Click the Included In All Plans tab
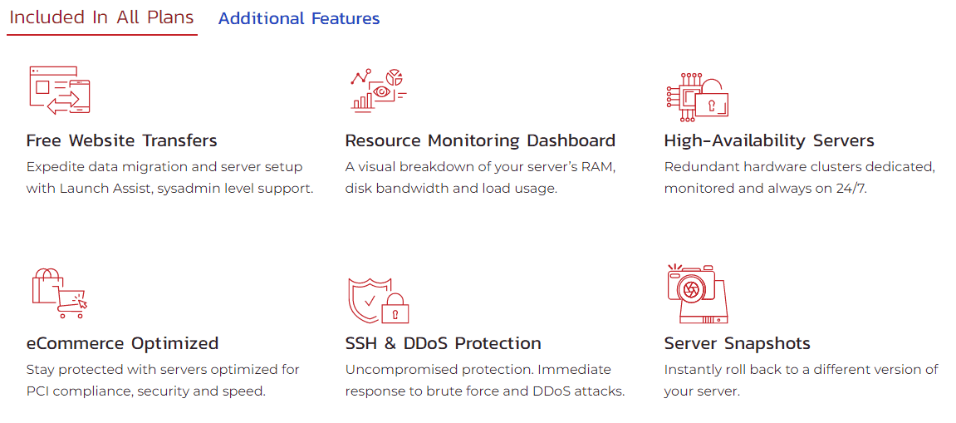[102, 17]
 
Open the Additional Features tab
[299, 19]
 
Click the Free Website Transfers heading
[121, 141]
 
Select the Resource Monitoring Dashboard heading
[480, 141]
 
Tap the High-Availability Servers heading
[769, 141]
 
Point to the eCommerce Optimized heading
[122, 343]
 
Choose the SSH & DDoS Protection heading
[443, 343]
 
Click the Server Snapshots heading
[737, 343]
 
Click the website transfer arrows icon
[60, 91]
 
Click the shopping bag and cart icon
[59, 293]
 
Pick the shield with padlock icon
[378, 300]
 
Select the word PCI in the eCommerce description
[37, 391]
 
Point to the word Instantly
[687, 370]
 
